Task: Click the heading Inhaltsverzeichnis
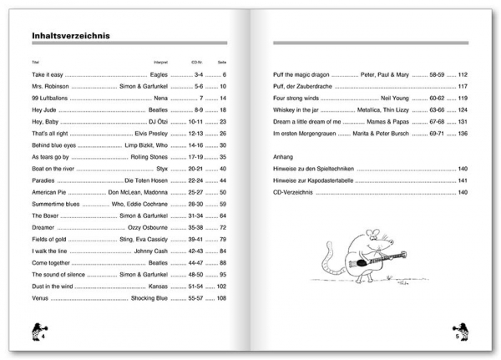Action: (x=70, y=37)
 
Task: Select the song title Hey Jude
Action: (x=44, y=109)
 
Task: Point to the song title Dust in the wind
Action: (x=55, y=286)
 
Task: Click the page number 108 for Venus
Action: (x=221, y=297)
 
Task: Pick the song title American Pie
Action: (x=50, y=192)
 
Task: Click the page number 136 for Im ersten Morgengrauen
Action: (x=461, y=133)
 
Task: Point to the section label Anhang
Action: (x=283, y=157)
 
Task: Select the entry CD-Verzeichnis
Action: (x=297, y=192)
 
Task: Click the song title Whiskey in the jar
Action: (x=300, y=109)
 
